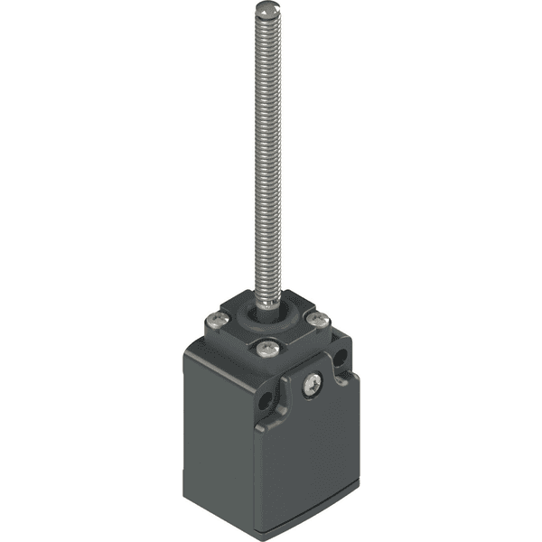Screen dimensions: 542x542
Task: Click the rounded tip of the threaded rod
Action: [266, 9]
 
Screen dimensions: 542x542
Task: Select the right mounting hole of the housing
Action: [341, 360]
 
